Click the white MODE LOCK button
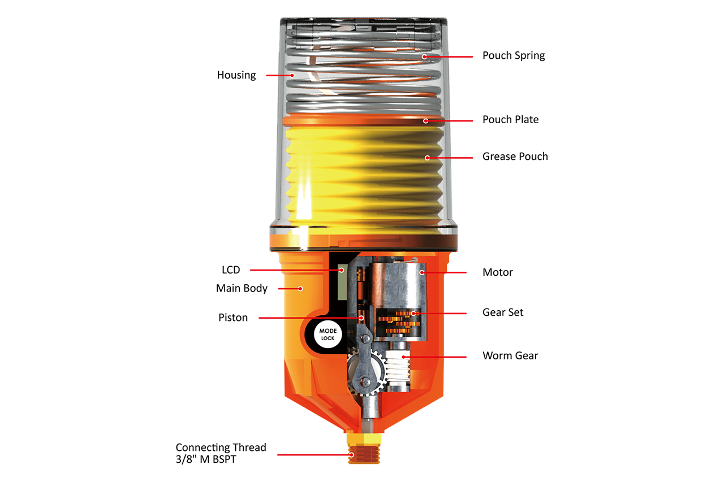(328, 334)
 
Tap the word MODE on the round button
(328, 331)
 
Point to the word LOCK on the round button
(328, 338)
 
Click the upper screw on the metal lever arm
(365, 338)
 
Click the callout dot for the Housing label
(292, 75)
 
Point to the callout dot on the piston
(361, 318)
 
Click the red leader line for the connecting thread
(311, 454)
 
